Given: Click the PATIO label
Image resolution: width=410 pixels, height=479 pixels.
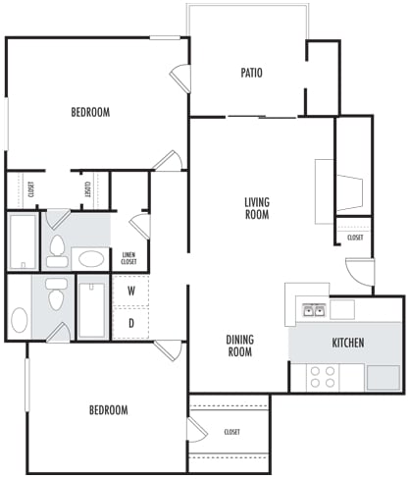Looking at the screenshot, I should pos(251,73).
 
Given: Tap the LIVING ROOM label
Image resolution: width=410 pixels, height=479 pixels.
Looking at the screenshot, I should pos(257,208).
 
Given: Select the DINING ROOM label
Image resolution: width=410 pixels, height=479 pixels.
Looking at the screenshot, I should pos(240,346).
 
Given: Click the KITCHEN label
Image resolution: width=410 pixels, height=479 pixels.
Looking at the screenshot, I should pos(348,343).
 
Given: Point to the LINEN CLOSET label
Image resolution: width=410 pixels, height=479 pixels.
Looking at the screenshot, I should pos(128,259).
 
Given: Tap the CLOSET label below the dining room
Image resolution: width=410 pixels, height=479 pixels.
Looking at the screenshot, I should pos(232,432).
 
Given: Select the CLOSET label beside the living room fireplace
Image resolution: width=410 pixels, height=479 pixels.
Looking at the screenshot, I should pos(355,237).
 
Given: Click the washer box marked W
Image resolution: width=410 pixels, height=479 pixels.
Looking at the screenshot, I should pos(130,292).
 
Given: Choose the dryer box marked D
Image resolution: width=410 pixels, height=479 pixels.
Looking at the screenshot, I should pos(130,323).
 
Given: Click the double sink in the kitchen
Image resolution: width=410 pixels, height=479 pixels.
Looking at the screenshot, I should pos(313,311).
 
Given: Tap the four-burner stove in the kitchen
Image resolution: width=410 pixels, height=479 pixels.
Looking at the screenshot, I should pos(323,377).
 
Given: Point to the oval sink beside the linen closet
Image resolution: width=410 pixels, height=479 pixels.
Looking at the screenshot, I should pos(91,259).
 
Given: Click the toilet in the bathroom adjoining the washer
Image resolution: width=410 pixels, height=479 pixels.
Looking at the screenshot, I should pos(57,293).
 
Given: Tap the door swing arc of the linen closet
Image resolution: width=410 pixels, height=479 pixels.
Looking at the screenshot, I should pos(139,226).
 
